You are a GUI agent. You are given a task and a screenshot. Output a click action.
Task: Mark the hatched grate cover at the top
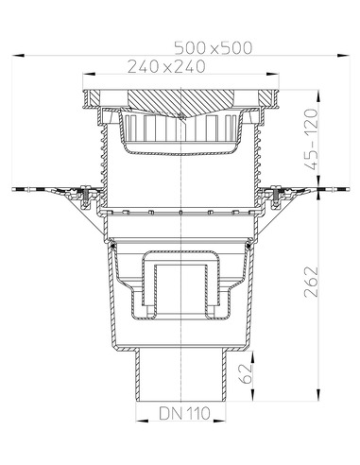[180, 98]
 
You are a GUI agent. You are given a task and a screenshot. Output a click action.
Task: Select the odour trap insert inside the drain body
[180, 279]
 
